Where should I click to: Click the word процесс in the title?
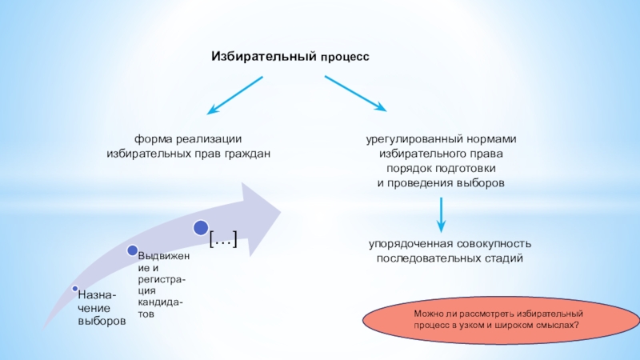[x=346, y=58]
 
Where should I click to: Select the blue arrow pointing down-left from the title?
[x=234, y=94]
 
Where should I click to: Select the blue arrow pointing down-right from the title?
[x=355, y=94]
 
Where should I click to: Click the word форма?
[x=154, y=138]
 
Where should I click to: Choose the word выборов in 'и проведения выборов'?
[x=481, y=183]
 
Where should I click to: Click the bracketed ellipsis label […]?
[x=223, y=239]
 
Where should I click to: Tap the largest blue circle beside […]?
[x=201, y=230]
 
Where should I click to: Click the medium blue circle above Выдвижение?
[x=131, y=250]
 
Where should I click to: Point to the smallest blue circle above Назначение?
[x=74, y=288]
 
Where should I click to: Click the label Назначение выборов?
[x=102, y=309]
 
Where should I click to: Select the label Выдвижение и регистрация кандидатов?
[x=164, y=285]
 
